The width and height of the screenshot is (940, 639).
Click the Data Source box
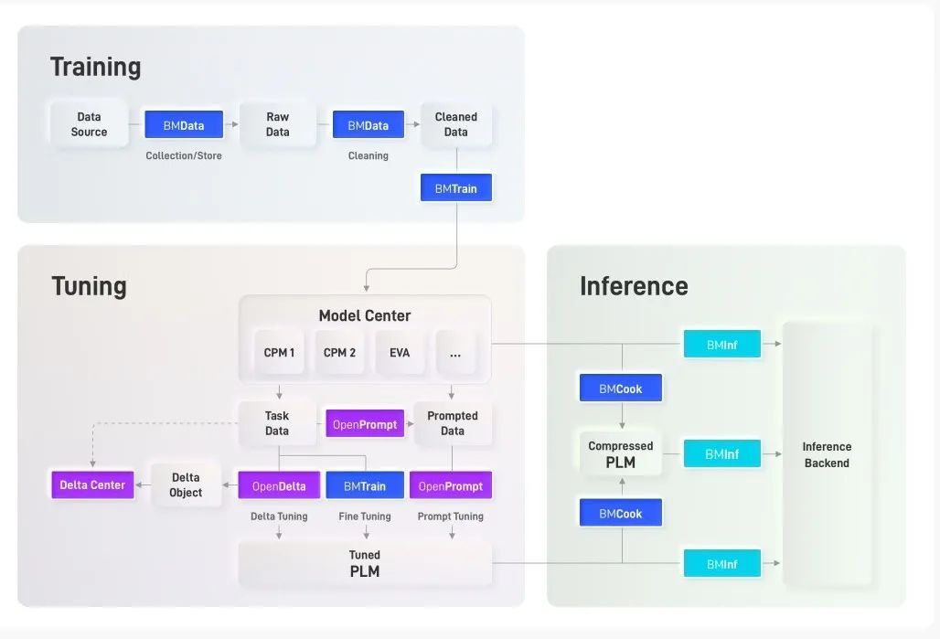(x=89, y=124)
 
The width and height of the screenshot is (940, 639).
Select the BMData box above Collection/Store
(x=184, y=125)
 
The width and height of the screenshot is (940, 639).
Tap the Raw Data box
(x=277, y=124)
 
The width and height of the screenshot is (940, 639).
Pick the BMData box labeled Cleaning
(x=368, y=125)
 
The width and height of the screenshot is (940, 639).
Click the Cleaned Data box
(x=455, y=124)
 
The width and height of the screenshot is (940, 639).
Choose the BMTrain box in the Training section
(x=455, y=188)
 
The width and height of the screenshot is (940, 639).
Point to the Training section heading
(x=95, y=67)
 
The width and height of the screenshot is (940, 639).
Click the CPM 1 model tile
(x=279, y=353)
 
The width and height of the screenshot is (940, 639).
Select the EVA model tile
(x=400, y=353)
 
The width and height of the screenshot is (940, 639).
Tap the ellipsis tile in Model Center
(x=455, y=353)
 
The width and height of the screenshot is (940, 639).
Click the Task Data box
(x=277, y=423)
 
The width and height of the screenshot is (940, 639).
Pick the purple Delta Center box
(x=92, y=485)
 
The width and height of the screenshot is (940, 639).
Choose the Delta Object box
(x=186, y=485)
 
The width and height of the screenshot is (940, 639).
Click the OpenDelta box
(x=279, y=485)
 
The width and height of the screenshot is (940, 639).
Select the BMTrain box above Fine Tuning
(x=364, y=485)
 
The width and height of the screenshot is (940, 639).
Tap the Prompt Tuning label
(x=450, y=517)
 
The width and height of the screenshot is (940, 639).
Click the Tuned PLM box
(x=364, y=564)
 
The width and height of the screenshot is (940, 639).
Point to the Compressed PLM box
(x=621, y=454)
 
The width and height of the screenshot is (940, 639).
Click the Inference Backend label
(x=827, y=455)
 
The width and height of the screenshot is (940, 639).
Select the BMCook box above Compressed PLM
(x=621, y=389)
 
